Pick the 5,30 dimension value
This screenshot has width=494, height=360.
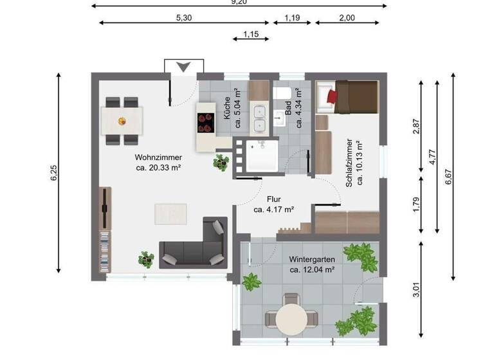tap(183, 18)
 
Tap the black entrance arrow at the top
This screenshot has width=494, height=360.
tap(183, 67)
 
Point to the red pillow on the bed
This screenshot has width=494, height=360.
tap(332, 96)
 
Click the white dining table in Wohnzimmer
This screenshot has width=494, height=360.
tap(122, 120)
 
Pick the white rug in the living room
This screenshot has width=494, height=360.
tap(170, 213)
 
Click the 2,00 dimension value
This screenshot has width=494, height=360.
tap(346, 18)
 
